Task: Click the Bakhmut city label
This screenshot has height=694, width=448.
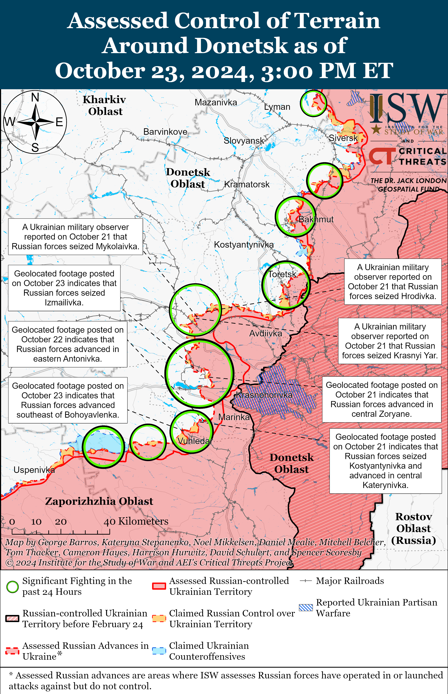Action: coord(316,219)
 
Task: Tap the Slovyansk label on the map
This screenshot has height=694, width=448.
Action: coord(244,141)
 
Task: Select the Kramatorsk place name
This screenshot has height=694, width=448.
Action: coord(247,184)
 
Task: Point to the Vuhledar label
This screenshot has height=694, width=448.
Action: coord(195,441)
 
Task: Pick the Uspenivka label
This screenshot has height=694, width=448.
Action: coord(34,470)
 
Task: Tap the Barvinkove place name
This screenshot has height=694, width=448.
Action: coord(165,132)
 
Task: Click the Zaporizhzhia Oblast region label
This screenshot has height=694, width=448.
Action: coord(99,501)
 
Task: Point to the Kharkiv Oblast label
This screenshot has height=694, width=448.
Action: coord(105,105)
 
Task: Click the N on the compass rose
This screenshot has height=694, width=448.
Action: coord(35,97)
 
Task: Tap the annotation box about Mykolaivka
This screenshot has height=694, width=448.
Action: coord(75,237)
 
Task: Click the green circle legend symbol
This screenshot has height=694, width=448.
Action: coord(12,587)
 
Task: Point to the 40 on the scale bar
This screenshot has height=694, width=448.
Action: coord(109,522)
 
